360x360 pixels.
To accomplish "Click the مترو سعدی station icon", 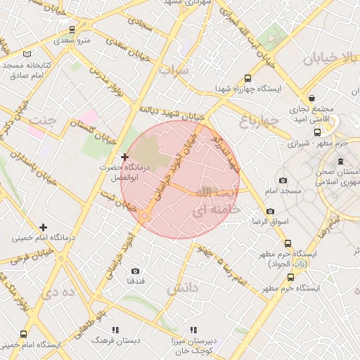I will [72, 29].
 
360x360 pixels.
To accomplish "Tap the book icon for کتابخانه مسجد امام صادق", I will [27, 54].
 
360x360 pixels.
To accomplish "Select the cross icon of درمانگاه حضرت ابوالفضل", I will [124, 157].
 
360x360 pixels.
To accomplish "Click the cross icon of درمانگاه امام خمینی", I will [44, 226].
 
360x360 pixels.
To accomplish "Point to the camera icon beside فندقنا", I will [135, 271].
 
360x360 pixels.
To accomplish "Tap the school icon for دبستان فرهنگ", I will [115, 329].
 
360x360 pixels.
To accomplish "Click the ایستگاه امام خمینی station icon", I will [24, 334].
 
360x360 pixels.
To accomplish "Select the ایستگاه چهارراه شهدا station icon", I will [247, 79].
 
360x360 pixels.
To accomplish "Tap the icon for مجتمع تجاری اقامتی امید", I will [311, 98].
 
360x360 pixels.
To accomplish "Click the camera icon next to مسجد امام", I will [283, 180].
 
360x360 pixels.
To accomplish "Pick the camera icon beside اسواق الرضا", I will [270, 211].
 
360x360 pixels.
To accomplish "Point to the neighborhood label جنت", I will [41, 120].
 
